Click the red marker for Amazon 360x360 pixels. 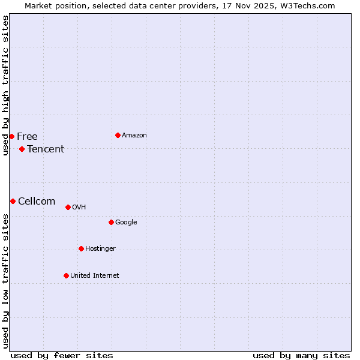pos(118,135)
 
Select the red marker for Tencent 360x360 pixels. pos(22,149)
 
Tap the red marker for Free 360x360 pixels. pos(11,136)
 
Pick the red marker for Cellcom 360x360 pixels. pos(13,201)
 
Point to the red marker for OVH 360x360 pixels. pos(68,207)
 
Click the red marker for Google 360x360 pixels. pos(111,222)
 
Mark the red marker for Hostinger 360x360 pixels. pos(81,248)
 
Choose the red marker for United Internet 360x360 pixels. pos(66,275)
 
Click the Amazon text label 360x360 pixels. pos(134,135)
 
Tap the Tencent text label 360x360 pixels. pos(46,149)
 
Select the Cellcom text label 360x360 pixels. pos(37,201)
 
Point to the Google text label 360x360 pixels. pos(126,222)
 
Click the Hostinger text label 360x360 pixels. pos(100,248)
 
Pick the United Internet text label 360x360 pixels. pos(95,275)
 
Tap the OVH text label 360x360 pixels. pos(79,207)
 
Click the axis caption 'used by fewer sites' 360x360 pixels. pos(62,355)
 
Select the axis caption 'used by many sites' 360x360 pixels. pos(301,355)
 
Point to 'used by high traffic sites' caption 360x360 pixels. pos(5,85)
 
